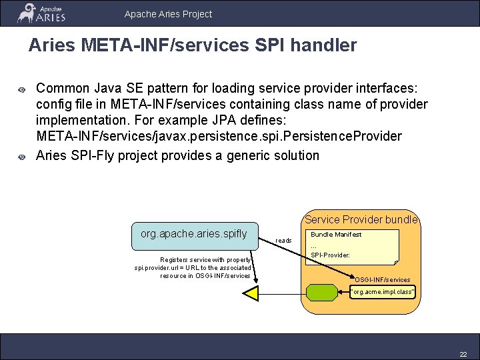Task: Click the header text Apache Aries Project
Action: click(x=168, y=13)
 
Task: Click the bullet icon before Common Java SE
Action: click(x=21, y=89)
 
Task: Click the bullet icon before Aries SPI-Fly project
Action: click(x=21, y=157)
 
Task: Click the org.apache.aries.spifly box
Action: click(x=194, y=234)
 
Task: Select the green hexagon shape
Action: click(x=323, y=291)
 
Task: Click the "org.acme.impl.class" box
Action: click(x=383, y=291)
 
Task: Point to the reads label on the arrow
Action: click(x=283, y=240)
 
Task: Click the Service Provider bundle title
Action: click(x=361, y=219)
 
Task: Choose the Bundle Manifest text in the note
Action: click(x=336, y=234)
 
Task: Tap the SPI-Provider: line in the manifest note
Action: click(x=330, y=255)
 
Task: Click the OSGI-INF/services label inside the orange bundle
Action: click(x=383, y=279)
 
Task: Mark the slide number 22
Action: click(x=463, y=353)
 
